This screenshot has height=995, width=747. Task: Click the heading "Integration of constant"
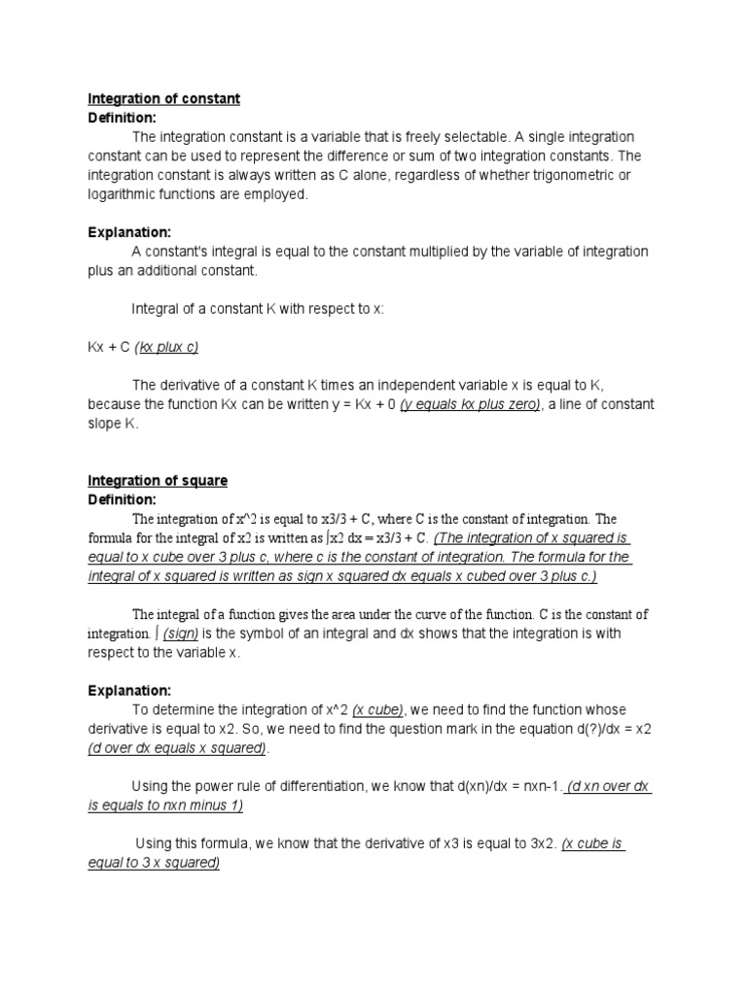click(164, 99)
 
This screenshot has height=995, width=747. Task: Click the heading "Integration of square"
click(158, 481)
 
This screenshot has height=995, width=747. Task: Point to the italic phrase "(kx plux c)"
click(174, 347)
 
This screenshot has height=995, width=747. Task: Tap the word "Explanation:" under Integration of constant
click(129, 232)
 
